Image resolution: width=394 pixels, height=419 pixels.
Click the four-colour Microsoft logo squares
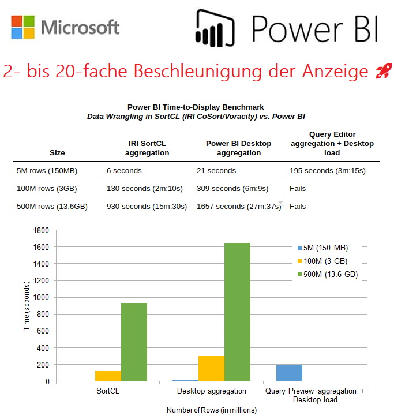[22, 27]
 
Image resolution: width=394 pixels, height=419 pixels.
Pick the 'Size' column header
[57, 153]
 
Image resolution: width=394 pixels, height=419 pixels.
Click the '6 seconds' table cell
[124, 171]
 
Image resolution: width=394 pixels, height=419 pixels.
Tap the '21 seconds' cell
[216, 171]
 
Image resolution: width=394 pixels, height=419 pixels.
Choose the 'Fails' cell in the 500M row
[298, 206]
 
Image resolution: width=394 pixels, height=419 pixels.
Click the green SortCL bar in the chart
[134, 342]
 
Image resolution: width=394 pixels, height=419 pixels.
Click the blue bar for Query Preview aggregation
[289, 373]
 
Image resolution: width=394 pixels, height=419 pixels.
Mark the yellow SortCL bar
[108, 376]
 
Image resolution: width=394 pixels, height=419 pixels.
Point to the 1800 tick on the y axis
[40, 230]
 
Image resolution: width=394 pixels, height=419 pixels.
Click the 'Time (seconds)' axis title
[27, 306]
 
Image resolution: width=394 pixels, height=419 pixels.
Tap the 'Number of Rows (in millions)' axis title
[211, 410]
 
